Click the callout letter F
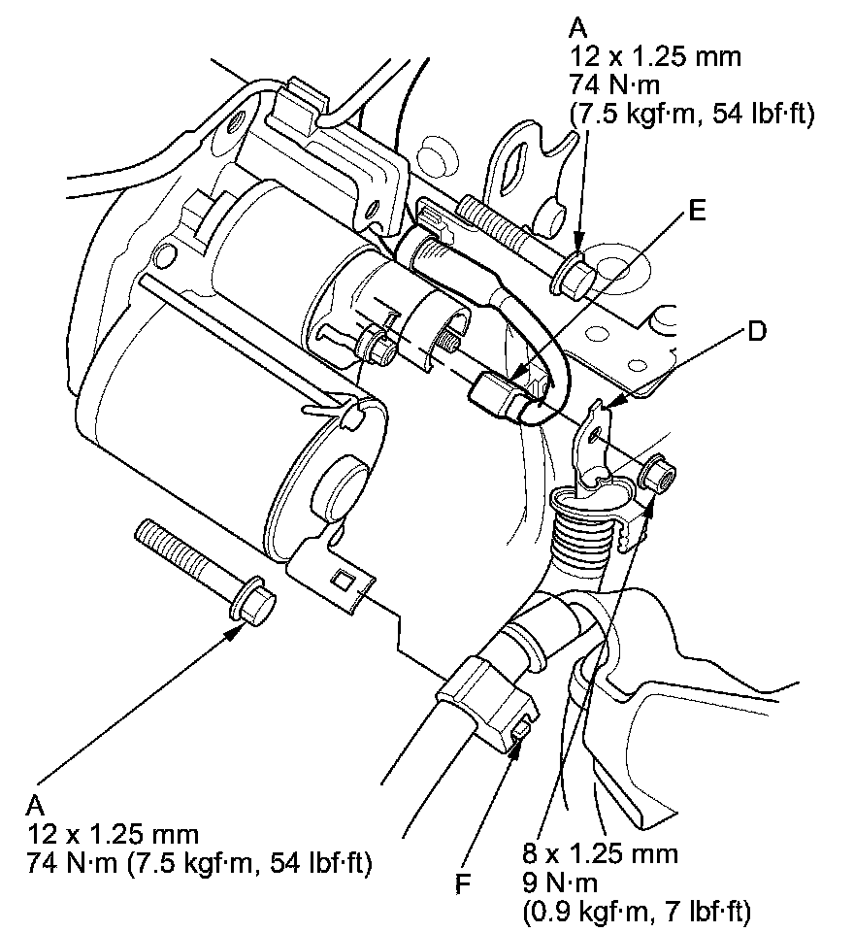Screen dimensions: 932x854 tap(463, 884)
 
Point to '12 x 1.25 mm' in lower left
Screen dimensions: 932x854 tap(114, 834)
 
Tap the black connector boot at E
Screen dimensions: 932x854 tap(497, 396)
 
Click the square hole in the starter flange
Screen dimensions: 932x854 tap(342, 582)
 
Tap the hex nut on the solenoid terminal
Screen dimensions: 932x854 tap(375, 345)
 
